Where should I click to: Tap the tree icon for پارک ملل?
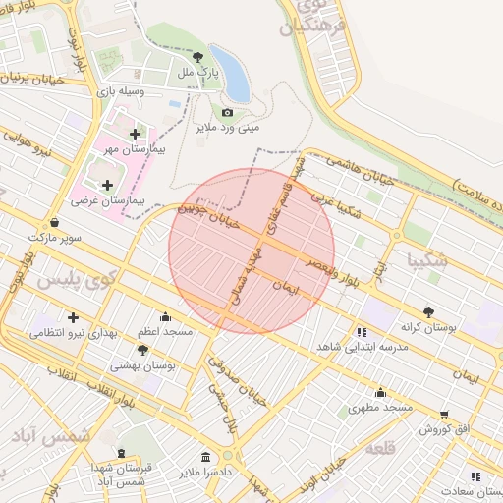[x=198, y=57]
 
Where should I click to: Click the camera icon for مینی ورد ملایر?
[x=227, y=112]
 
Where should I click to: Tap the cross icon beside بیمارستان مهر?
[x=135, y=133]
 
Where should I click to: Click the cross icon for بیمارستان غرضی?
[x=107, y=185]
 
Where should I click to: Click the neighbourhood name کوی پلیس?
[x=77, y=279]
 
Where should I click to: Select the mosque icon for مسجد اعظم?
[x=164, y=317]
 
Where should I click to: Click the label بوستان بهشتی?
[x=142, y=364]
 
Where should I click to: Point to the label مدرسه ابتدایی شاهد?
[x=354, y=348]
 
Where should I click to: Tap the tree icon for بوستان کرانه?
[x=426, y=311]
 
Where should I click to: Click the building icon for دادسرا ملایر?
[x=205, y=457]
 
